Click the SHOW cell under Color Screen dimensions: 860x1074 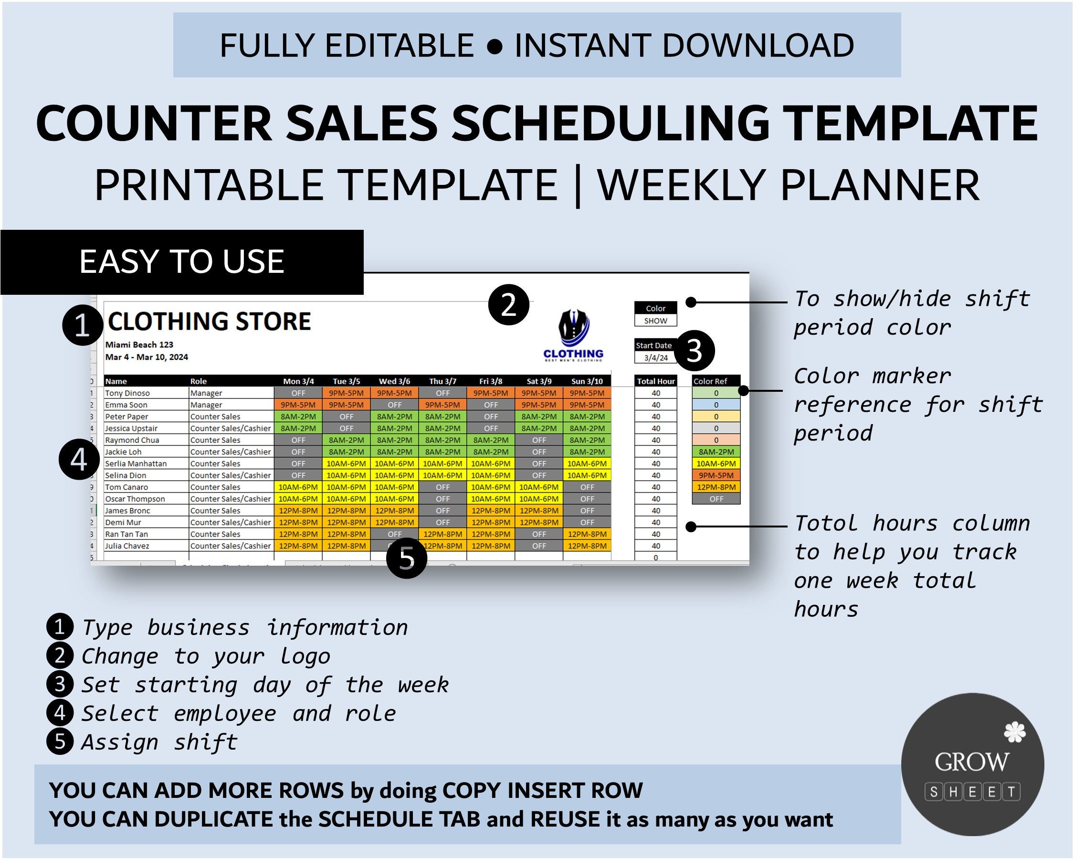[655, 321]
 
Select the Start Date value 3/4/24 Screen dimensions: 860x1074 [655, 357]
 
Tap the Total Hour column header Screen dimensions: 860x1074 [655, 381]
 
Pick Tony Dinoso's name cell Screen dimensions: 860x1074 [127, 393]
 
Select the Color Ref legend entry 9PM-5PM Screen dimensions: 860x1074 [716, 475]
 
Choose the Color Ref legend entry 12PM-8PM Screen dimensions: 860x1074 [716, 487]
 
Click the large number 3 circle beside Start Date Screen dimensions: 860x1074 [694, 351]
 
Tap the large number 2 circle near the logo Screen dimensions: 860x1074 [508, 305]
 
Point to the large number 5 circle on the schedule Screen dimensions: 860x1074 [407, 558]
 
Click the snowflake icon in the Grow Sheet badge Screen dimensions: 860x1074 [1014, 732]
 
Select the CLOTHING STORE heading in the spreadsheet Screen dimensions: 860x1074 [209, 321]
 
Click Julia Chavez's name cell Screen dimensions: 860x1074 [127, 546]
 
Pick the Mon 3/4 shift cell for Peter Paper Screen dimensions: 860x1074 [298, 416]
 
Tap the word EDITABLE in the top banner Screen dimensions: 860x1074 [399, 45]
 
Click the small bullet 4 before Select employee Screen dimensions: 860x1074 [60, 713]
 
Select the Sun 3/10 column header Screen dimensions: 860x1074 [587, 381]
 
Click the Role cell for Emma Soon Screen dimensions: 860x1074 [206, 405]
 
